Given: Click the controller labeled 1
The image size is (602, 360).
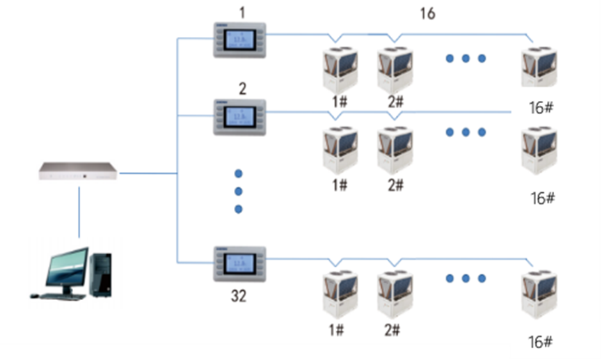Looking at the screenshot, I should pyautogui.click(x=240, y=40).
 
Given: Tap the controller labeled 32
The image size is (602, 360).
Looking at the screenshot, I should pyautogui.click(x=240, y=264).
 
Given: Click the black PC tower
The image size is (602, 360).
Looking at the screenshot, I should pyautogui.click(x=101, y=272).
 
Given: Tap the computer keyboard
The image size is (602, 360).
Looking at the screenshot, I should pyautogui.click(x=61, y=296).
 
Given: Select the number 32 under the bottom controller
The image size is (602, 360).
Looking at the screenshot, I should pyautogui.click(x=239, y=297).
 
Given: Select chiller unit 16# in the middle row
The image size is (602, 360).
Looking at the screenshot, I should pyautogui.click(x=538, y=150).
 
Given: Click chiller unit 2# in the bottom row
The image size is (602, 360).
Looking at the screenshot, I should pyautogui.click(x=395, y=295).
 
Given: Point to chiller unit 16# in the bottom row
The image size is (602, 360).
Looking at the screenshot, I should pyautogui.click(x=538, y=295).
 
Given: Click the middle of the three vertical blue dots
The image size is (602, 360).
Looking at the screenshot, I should pyautogui.click(x=238, y=191).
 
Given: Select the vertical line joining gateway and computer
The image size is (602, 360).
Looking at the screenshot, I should pyautogui.click(x=79, y=212).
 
